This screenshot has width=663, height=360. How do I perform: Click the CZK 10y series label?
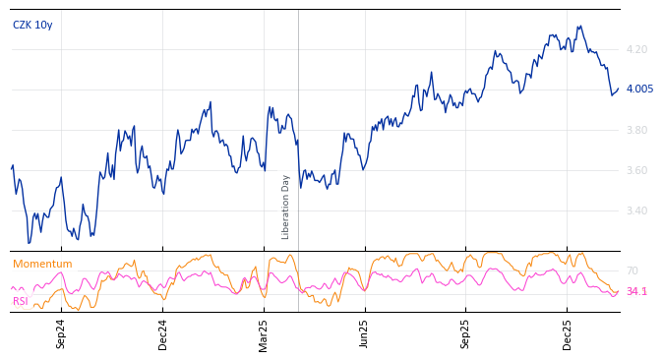[x=32, y=25]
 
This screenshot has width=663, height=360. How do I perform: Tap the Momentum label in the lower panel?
[x=42, y=264]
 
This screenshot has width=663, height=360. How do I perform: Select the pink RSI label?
[x=21, y=301]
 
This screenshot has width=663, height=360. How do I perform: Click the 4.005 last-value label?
[x=639, y=90]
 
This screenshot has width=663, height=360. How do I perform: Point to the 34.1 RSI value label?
[x=636, y=291]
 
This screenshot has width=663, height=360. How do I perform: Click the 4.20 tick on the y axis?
[x=636, y=49]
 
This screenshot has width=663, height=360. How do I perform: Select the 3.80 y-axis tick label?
[x=636, y=130]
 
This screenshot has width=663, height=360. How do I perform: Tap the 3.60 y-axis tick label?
[x=636, y=170]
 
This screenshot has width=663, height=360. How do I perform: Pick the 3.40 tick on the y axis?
[x=636, y=210]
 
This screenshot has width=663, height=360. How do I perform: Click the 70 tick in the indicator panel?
[x=632, y=270]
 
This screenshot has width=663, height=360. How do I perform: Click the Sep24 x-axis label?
[x=61, y=333]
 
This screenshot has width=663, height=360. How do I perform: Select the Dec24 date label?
[x=163, y=333]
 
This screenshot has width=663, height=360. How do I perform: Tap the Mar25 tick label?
[x=264, y=333]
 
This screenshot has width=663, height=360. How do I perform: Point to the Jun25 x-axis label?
[x=365, y=333]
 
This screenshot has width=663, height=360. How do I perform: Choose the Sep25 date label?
[x=466, y=333]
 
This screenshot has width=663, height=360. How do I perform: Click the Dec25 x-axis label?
[x=568, y=333]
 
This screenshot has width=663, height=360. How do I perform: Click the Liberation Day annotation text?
[x=286, y=207]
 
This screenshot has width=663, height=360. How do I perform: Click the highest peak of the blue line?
[x=580, y=27]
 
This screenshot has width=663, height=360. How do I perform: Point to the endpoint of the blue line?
[x=618, y=90]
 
